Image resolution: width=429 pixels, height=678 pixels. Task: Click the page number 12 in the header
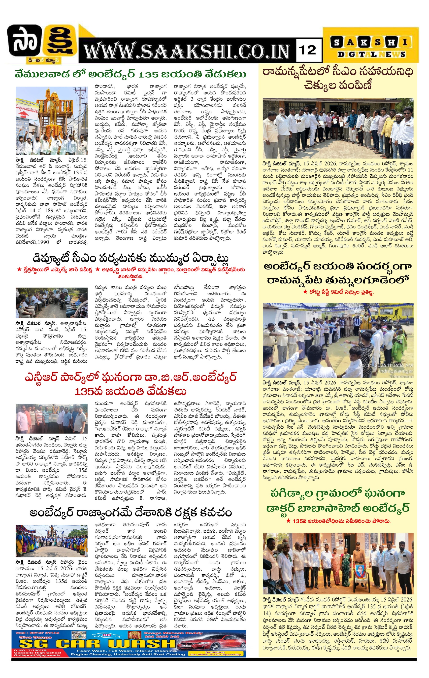pos(308,50)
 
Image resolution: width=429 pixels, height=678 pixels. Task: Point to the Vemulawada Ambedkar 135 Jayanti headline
pos(131,74)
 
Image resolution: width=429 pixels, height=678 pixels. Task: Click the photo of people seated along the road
pos(51,303)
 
